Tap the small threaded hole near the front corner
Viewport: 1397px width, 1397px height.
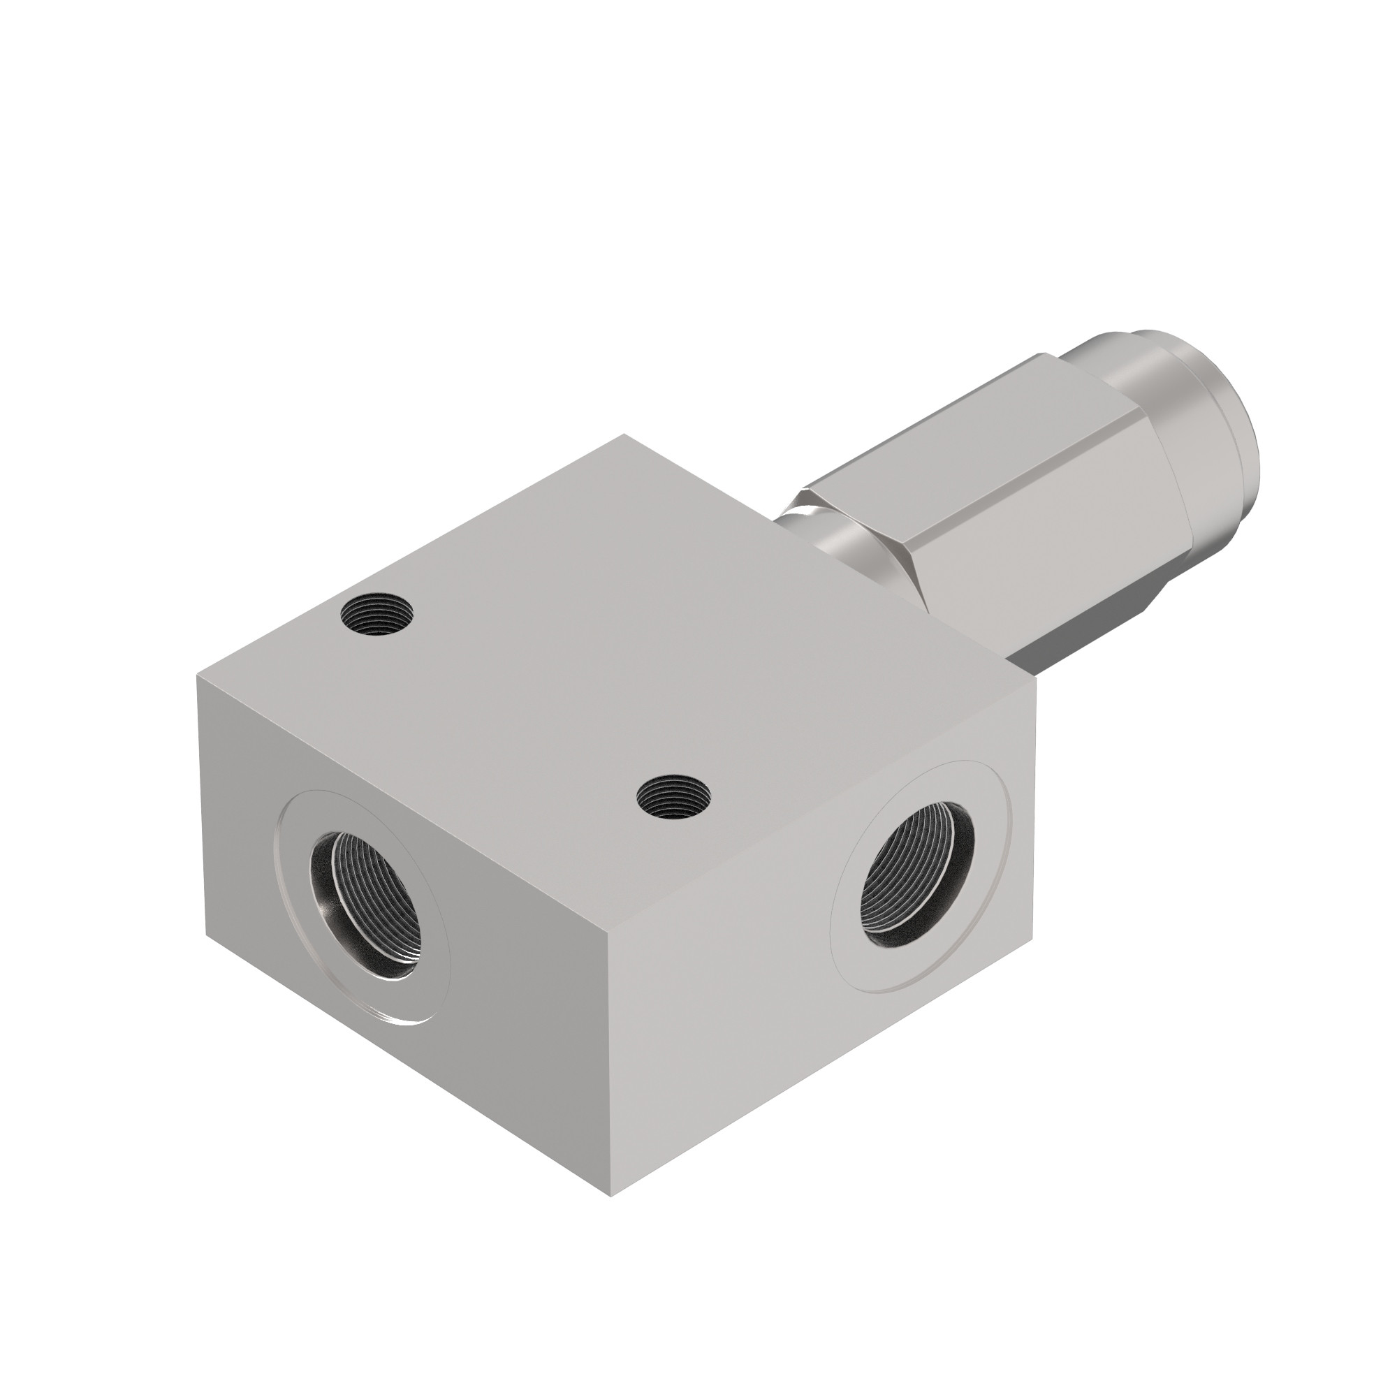(673, 797)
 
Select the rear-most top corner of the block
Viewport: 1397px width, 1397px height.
(624, 434)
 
